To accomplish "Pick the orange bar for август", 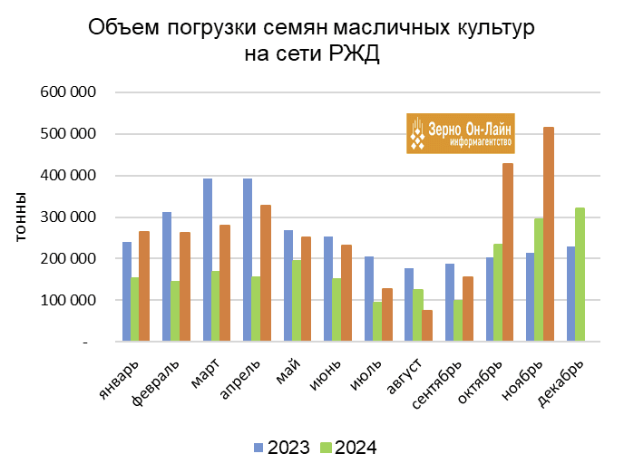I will (426, 325).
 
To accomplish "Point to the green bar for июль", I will (377, 321).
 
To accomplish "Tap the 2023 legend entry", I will (281, 448).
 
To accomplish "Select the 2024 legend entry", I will (348, 448).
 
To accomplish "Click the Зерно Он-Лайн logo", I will (460, 133).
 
